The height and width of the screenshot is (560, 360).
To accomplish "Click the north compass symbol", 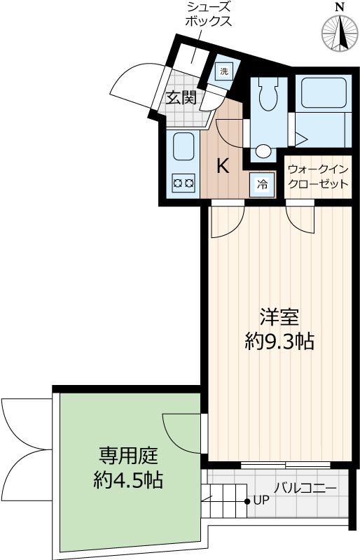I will point(339,31).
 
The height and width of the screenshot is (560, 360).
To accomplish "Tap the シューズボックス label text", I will point(208,14).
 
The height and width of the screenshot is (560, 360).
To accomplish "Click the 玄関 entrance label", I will point(181,98).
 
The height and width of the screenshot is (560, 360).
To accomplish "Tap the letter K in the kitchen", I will point(223,166).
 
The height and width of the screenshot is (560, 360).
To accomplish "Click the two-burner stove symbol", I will point(183,183).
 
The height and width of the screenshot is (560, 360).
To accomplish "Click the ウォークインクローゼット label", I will point(319,177).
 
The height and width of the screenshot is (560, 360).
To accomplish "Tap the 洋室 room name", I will point(280,317).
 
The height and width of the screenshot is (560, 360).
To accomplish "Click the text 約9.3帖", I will point(279,342).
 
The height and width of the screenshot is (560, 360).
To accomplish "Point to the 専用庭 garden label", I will point(128,456).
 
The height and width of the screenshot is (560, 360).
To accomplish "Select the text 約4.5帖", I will point(128,480).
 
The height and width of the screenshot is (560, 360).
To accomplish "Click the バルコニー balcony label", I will point(305,489).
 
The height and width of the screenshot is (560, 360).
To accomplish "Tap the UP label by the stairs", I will point(261,501).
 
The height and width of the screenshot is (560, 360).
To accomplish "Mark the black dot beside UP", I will point(247,501).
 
